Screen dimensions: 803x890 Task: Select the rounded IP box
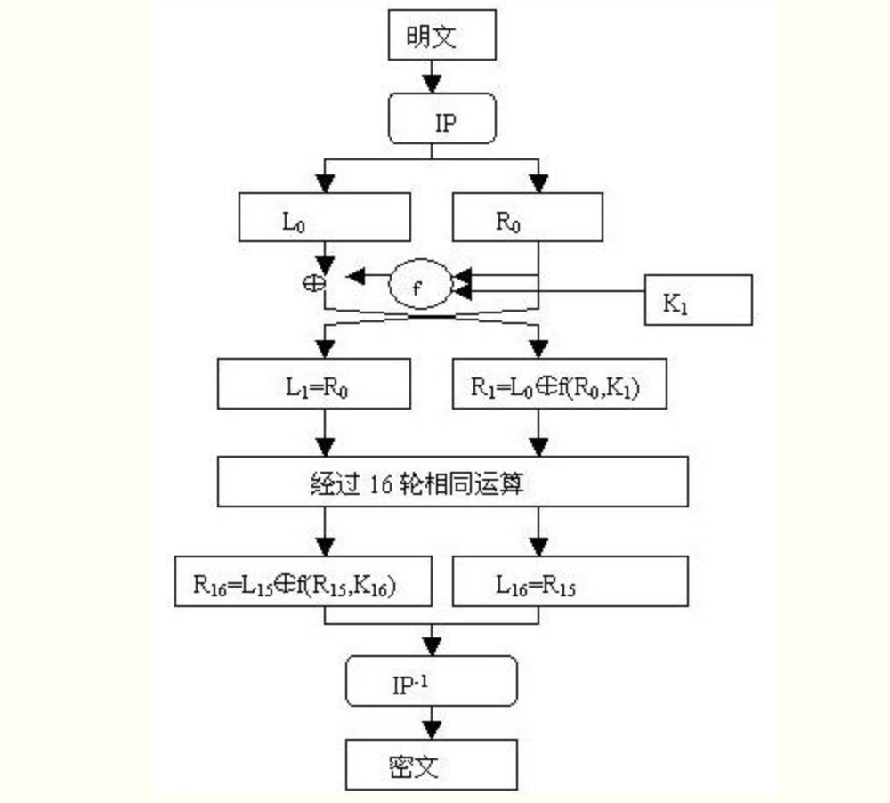[x=441, y=120]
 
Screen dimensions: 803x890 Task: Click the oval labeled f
[x=420, y=286]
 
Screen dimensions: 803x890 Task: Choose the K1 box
[x=699, y=300]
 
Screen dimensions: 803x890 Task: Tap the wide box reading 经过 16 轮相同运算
[x=452, y=483]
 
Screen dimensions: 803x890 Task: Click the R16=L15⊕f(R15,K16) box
[x=303, y=582]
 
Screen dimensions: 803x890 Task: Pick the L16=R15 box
[x=570, y=582]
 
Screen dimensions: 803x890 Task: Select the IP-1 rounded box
[x=432, y=681]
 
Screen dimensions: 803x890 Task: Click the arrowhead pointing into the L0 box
[x=327, y=183]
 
